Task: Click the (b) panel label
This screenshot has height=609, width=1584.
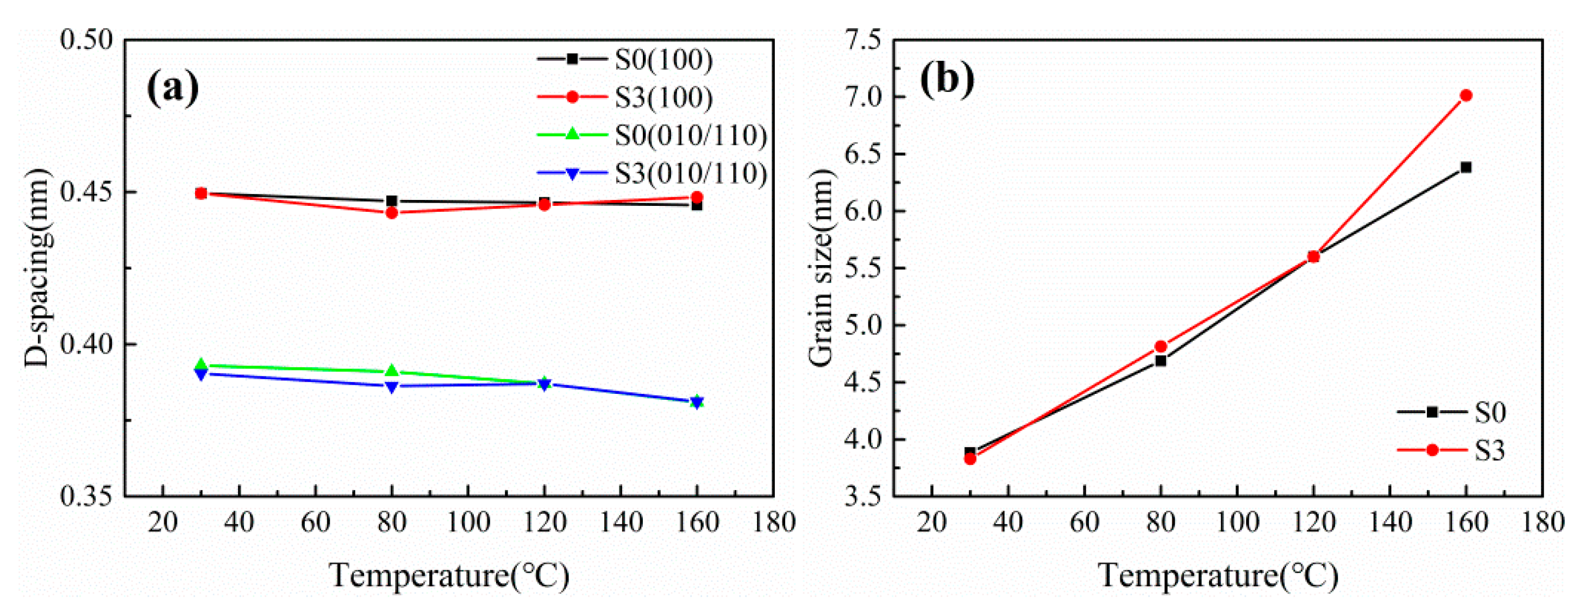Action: tap(947, 79)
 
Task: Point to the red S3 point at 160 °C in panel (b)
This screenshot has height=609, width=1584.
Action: tap(1466, 95)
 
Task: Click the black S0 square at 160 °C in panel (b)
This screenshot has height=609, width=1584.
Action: tap(1466, 167)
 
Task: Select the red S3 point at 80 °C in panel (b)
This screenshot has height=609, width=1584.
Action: tap(1161, 346)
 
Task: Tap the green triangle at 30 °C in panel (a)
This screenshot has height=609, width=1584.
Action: tap(201, 365)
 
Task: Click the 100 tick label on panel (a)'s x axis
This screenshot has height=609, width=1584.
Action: tap(468, 523)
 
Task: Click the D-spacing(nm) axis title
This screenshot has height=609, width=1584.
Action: tap(37, 267)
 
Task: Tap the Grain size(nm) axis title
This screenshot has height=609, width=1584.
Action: tap(821, 267)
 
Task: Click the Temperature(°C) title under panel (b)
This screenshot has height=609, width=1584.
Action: tap(1218, 576)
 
